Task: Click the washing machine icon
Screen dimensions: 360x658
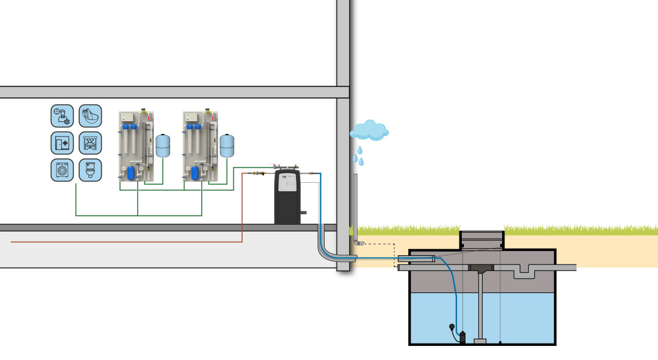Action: click(x=62, y=170)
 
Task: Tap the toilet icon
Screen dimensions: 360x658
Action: click(x=90, y=170)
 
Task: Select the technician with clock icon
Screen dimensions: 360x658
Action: click(x=62, y=115)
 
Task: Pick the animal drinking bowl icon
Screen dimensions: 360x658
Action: click(x=90, y=115)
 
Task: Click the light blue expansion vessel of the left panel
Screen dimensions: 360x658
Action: click(x=163, y=146)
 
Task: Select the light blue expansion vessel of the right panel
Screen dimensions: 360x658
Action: click(x=227, y=146)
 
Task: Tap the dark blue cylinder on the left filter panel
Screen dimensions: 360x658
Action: click(x=130, y=172)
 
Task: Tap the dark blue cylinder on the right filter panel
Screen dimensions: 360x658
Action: click(x=195, y=172)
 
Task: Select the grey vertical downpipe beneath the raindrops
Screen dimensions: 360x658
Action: click(x=355, y=207)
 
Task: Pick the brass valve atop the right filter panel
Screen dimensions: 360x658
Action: click(x=208, y=111)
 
